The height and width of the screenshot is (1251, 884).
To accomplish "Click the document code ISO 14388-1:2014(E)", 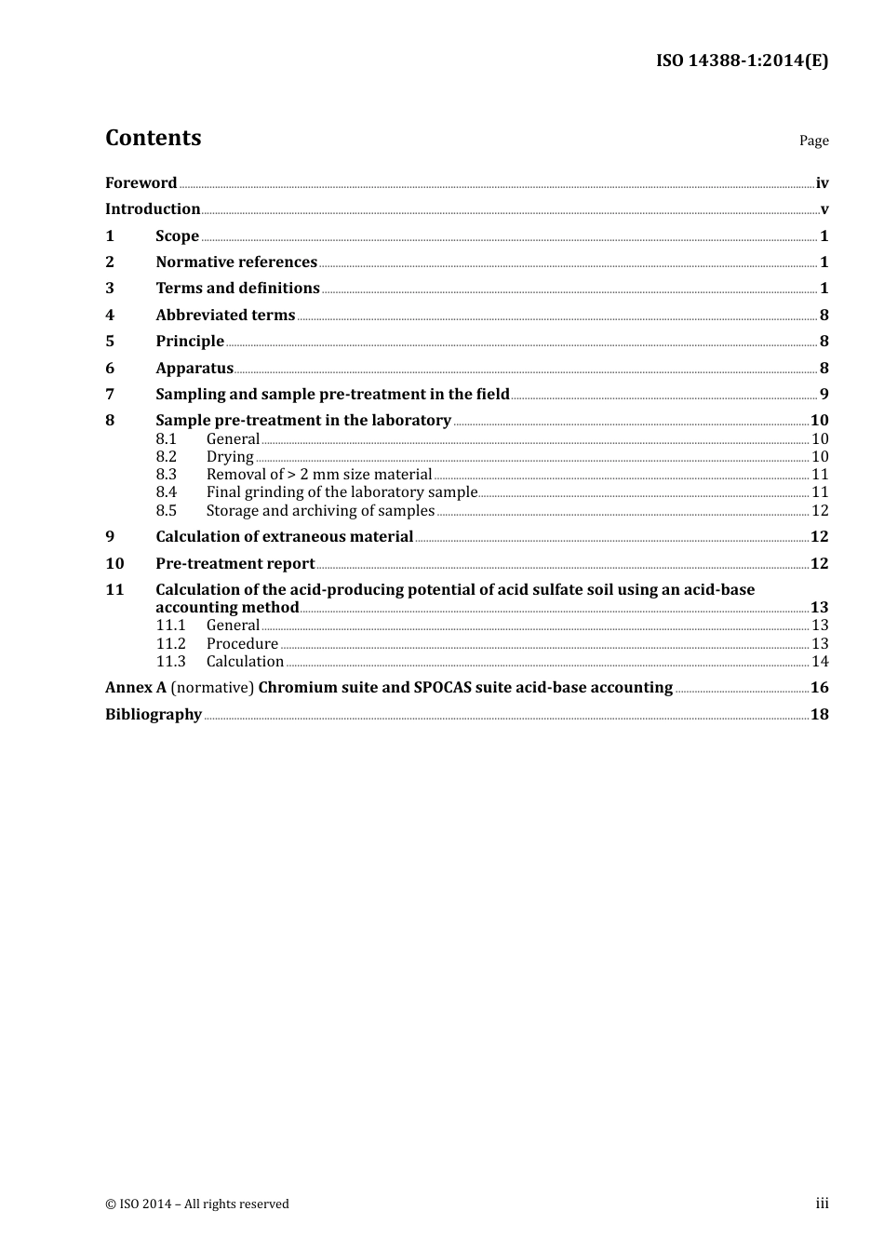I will point(742,61).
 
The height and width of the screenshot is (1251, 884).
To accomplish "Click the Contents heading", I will point(153,138).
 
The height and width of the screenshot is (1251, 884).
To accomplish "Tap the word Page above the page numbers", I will point(813,141).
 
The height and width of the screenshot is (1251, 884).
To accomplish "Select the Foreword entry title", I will point(141,182).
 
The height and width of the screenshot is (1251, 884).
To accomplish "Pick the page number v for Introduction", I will point(824,209).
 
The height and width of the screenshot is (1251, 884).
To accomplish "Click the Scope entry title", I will point(177,235).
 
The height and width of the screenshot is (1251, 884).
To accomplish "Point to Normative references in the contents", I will point(236,262).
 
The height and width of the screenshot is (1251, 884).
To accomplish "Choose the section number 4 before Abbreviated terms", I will point(110,315).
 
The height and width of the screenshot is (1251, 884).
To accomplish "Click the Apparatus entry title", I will point(194,368).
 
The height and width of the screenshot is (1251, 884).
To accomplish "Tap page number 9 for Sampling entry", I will point(824,394).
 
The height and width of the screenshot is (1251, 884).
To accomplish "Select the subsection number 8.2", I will point(167,456).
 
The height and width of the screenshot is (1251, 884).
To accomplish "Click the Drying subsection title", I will point(230,456).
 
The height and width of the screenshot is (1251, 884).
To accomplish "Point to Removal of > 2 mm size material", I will point(319,474).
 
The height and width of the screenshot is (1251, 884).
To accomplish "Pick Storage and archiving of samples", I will point(320,510).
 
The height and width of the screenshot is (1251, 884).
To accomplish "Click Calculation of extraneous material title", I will point(284,536).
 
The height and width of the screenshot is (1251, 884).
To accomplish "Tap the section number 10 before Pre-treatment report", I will point(114,563).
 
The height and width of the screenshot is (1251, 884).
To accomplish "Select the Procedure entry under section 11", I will point(242,643).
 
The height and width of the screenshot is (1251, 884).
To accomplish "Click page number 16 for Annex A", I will point(819,688).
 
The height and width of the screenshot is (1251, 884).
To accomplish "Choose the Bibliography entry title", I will point(154,714).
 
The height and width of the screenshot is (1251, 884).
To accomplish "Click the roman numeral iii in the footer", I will point(822,1204).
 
